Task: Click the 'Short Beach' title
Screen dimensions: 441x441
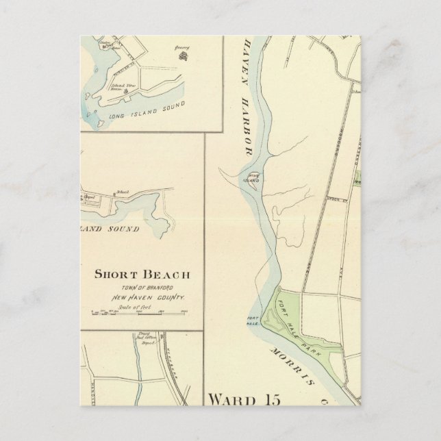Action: click(x=142, y=276)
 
